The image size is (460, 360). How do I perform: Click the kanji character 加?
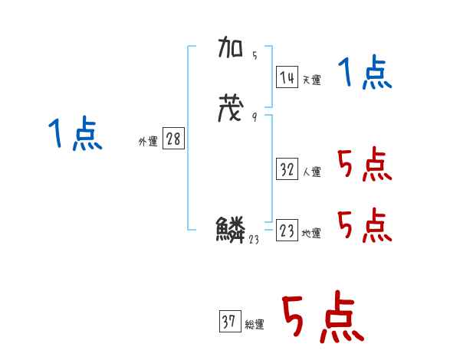pyautogui.click(x=232, y=51)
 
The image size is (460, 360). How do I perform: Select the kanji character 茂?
pyautogui.click(x=232, y=109)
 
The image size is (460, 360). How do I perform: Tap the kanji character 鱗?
pyautogui.click(x=231, y=230)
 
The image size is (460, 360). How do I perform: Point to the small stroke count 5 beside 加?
pyautogui.click(x=254, y=55)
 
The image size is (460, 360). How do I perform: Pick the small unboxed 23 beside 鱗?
pyautogui.click(x=255, y=239)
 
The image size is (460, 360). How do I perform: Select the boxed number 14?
pyautogui.click(x=287, y=77)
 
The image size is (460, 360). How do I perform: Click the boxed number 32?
pyautogui.click(x=287, y=170)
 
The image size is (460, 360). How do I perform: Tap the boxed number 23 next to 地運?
pyautogui.click(x=287, y=231)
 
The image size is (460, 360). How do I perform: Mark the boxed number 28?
pyautogui.click(x=173, y=139)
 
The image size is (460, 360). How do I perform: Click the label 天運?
pyautogui.click(x=311, y=80)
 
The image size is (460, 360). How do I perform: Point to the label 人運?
pyautogui.click(x=311, y=172)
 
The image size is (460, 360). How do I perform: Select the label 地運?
pyautogui.click(x=311, y=234)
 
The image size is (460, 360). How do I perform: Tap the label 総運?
pyautogui.click(x=255, y=325)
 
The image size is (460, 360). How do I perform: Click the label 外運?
pyautogui.click(x=147, y=141)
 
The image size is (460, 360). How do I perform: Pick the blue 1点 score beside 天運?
pyautogui.click(x=365, y=74)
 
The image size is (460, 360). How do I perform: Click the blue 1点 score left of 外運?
pyautogui.click(x=76, y=135)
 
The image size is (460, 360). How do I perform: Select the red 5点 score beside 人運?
pyautogui.click(x=365, y=165)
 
